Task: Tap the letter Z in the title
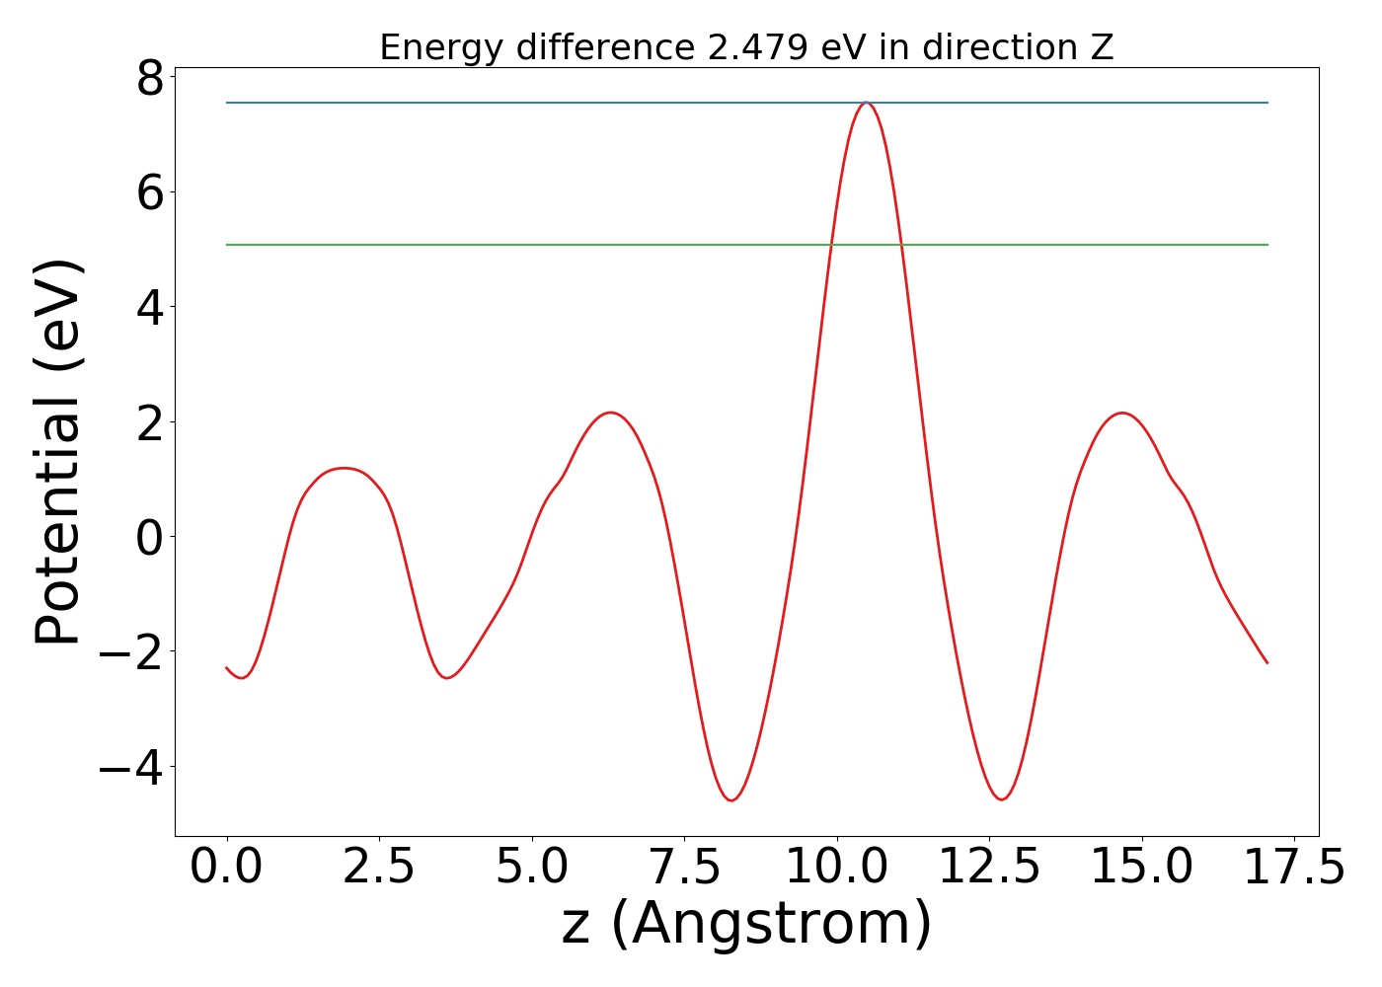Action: [1102, 47]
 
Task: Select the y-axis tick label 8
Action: [150, 78]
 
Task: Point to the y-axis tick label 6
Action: [150, 192]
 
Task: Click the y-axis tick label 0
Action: [150, 537]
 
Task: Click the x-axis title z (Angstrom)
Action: [746, 925]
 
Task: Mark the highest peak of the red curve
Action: [866, 103]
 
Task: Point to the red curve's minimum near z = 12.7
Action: [1002, 799]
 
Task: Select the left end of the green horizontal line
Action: [228, 245]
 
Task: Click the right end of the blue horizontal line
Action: [1267, 103]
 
